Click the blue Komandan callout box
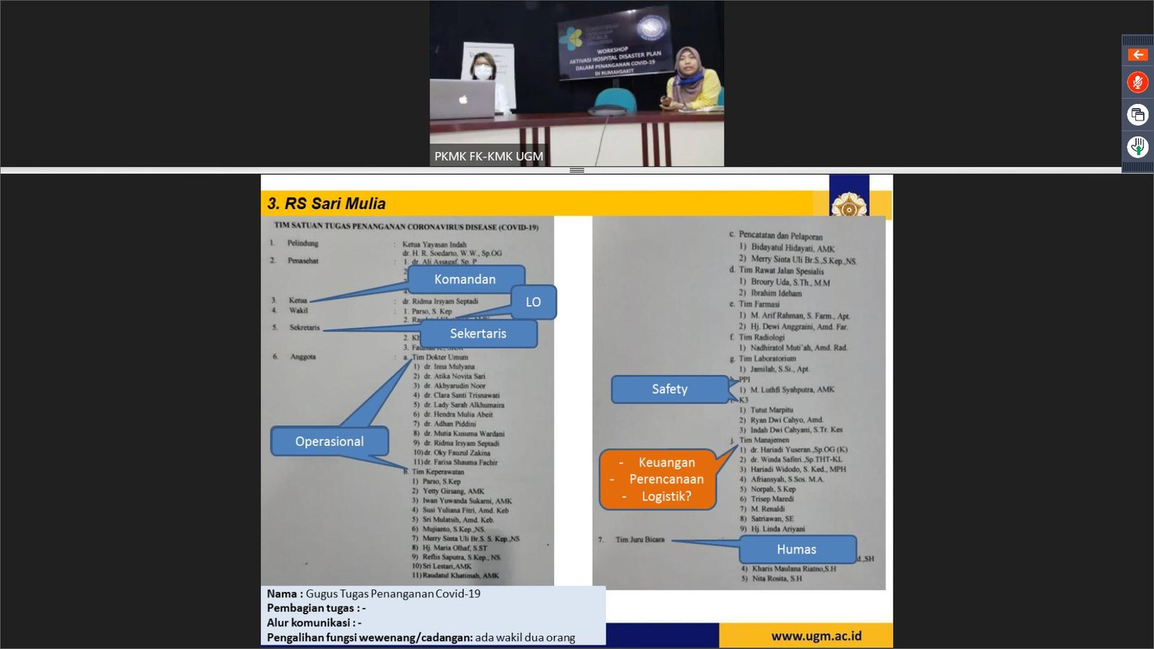(x=465, y=279)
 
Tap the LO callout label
(x=533, y=302)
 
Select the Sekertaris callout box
(x=478, y=334)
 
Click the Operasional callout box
(x=330, y=441)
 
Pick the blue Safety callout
(x=669, y=389)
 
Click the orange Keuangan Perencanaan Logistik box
(x=658, y=480)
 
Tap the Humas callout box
(x=797, y=549)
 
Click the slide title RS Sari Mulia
(x=327, y=203)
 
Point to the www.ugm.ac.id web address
(x=816, y=636)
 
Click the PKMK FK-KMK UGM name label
(x=488, y=156)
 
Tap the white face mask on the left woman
(x=483, y=71)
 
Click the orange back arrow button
(x=1137, y=55)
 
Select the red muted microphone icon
(x=1137, y=82)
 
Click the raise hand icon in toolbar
(x=1137, y=147)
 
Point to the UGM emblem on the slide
(x=849, y=207)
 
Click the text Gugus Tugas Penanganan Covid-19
(x=392, y=593)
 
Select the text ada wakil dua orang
(x=525, y=637)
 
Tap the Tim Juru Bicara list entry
(x=640, y=539)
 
